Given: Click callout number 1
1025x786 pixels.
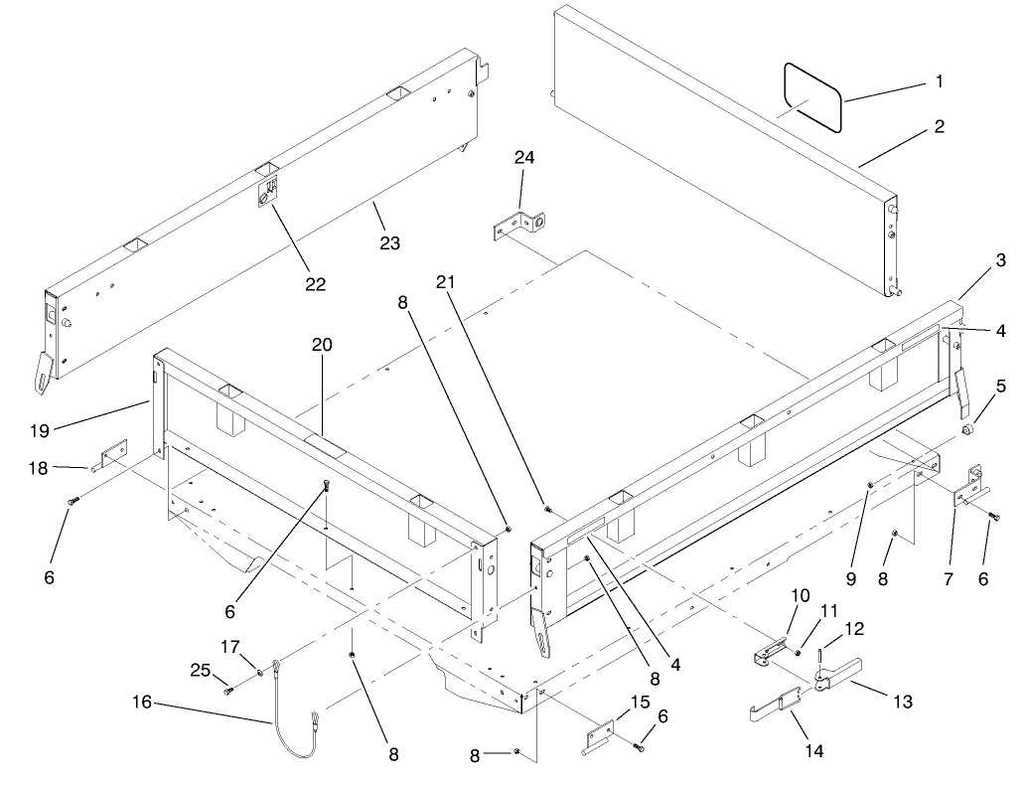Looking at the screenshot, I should coord(939,81).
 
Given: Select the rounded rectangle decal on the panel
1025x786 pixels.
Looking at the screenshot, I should coord(811,96).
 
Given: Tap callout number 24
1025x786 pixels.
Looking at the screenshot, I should coord(524,157).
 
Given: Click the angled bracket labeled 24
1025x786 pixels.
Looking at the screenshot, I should coord(520,225).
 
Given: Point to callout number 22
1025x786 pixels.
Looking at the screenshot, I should coord(315,283).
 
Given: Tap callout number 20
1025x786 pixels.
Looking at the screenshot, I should coord(322,345).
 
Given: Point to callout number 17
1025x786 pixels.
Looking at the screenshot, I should coord(230,646).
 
